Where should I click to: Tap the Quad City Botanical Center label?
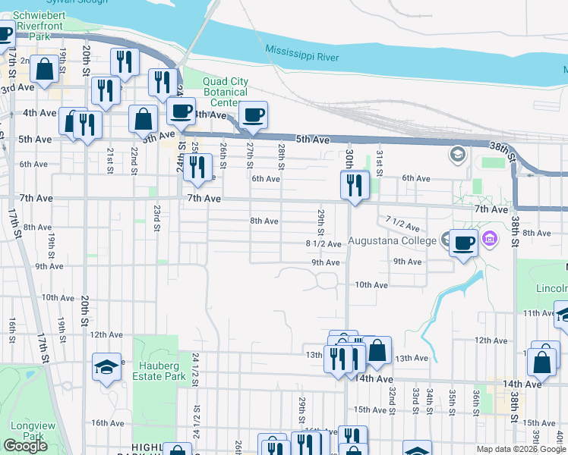[x=226, y=93]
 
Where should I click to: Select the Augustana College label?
[x=393, y=241]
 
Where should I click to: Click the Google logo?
[x=25, y=446]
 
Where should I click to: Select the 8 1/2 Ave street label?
[x=323, y=243]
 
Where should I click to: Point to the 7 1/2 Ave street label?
[x=402, y=224]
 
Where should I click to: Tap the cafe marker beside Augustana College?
[x=463, y=243]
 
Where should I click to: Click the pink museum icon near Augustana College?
[x=490, y=240]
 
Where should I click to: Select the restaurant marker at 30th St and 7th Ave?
[x=355, y=184]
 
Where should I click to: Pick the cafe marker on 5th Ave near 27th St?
[x=253, y=115]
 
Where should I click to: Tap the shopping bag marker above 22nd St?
[x=143, y=118]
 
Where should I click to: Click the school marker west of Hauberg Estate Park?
[x=107, y=367]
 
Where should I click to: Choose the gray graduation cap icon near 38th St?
[x=457, y=155]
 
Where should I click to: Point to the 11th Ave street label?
[x=538, y=313]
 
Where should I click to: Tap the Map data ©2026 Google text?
[x=522, y=449]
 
